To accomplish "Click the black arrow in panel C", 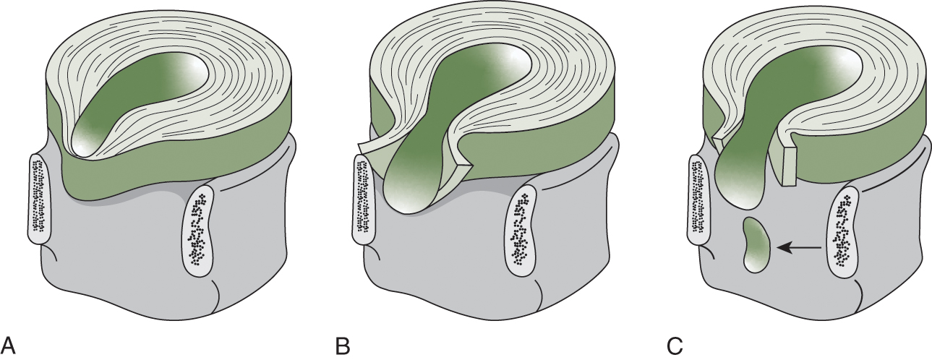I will click(x=799, y=248).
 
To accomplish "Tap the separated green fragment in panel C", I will click(x=757, y=246).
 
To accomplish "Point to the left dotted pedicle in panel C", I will click(x=698, y=197).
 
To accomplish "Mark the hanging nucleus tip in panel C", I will click(x=742, y=192).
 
